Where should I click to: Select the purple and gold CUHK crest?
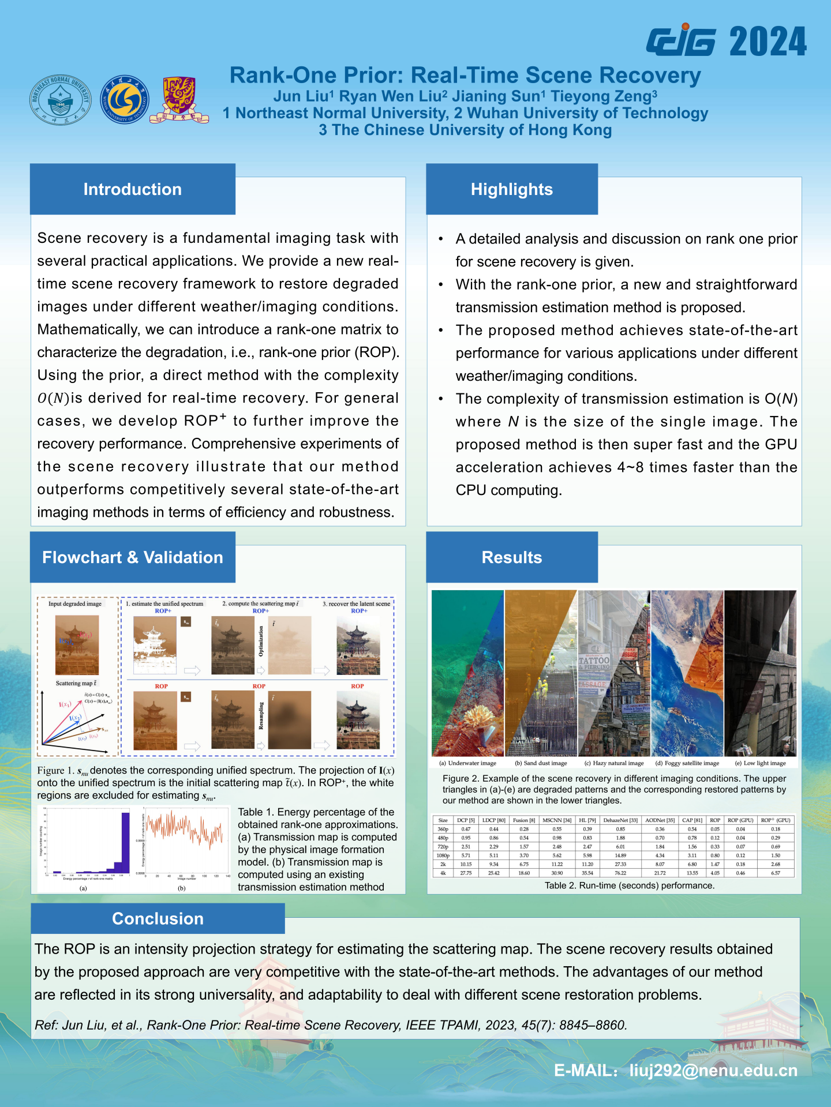tap(179, 100)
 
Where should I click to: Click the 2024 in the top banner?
tap(768, 42)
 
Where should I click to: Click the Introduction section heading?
tap(132, 189)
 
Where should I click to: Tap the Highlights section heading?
tap(511, 189)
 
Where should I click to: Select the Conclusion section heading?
tap(158, 918)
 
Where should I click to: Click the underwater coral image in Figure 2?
tap(467, 673)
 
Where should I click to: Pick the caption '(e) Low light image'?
tap(760, 763)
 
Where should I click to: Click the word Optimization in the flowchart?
tap(261, 641)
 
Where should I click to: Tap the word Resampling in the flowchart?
tap(261, 716)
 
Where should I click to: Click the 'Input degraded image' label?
tap(75, 604)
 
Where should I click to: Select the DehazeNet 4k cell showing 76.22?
tap(620, 873)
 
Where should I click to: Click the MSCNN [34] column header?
tap(557, 820)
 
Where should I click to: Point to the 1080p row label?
tap(443, 855)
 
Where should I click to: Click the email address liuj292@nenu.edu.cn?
tap(713, 1071)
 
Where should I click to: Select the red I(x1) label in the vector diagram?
tap(65, 704)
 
